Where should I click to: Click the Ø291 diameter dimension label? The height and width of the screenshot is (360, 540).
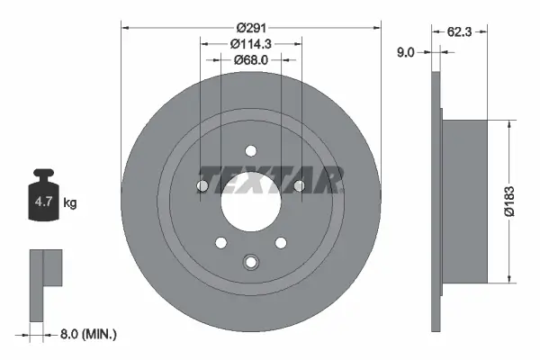[250, 12]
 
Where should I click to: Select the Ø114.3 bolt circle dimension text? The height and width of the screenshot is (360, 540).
[251, 43]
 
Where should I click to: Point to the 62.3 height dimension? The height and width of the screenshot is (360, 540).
[461, 31]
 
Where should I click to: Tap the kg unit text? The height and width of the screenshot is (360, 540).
[70, 203]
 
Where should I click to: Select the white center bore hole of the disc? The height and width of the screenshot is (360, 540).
[251, 208]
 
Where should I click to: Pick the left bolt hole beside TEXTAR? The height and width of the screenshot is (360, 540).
[203, 186]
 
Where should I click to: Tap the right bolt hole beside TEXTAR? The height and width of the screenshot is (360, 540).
[299, 186]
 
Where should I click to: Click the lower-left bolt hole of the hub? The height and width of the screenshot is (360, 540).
[221, 242]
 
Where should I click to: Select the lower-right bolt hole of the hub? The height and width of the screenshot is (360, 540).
[281, 242]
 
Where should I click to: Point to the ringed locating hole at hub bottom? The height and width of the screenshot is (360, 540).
[251, 262]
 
